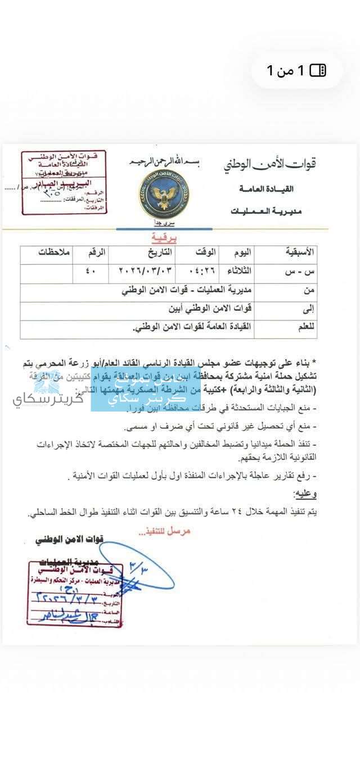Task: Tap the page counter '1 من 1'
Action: click(296, 70)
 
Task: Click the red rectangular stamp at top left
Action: click(64, 183)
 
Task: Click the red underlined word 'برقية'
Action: click(164, 238)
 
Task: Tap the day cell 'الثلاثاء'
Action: click(236, 270)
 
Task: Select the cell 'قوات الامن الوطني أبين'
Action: click(209, 309)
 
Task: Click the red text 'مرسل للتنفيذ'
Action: click(164, 530)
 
